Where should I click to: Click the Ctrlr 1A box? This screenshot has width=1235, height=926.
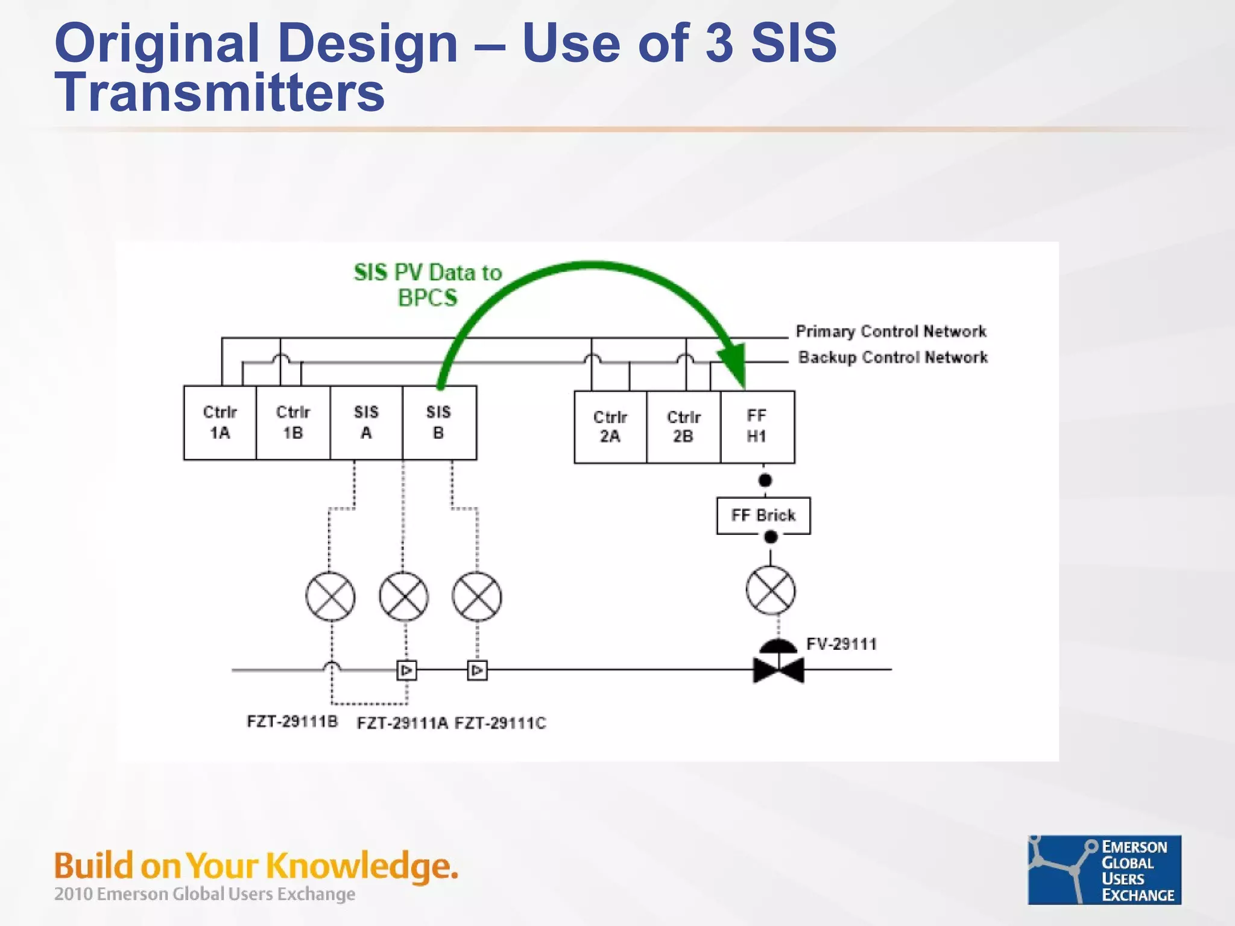click(x=220, y=423)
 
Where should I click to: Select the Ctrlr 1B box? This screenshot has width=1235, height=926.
click(x=293, y=423)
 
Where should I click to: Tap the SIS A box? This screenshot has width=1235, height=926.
click(x=366, y=423)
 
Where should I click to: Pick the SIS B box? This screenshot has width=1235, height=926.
click(x=439, y=423)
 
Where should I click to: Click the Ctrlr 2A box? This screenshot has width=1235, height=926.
click(x=610, y=427)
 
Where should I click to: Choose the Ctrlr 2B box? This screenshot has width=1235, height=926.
click(x=683, y=427)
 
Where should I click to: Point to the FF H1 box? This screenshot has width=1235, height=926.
click(x=757, y=427)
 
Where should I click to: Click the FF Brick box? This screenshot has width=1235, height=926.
click(x=763, y=515)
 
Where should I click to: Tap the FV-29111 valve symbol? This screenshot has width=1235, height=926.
click(x=778, y=666)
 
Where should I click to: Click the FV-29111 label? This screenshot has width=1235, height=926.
click(x=841, y=644)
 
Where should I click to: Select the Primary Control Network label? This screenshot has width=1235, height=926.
click(x=891, y=332)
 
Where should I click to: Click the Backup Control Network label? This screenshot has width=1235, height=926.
click(x=892, y=357)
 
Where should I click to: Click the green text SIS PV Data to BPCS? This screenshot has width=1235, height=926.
click(x=428, y=285)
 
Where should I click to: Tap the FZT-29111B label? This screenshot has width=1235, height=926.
click(x=292, y=722)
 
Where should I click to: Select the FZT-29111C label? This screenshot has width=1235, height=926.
click(x=500, y=723)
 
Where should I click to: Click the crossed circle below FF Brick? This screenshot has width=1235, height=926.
click(x=770, y=590)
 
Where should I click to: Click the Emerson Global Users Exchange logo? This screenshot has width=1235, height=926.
click(x=1104, y=869)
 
